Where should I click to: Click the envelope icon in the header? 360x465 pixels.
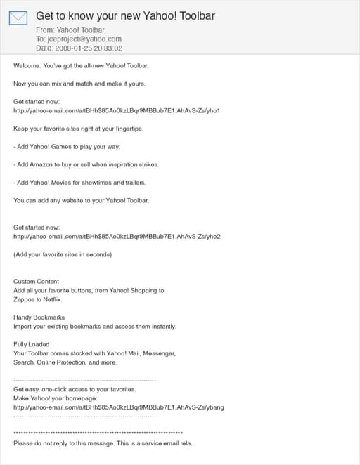click(18, 18)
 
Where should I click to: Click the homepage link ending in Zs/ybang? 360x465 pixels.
click(119, 407)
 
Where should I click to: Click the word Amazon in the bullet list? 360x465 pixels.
click(44, 164)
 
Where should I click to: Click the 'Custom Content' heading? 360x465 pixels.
click(37, 282)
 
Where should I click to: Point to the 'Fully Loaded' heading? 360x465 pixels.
click(32, 344)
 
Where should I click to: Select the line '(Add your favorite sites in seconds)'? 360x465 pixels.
click(62, 254)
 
